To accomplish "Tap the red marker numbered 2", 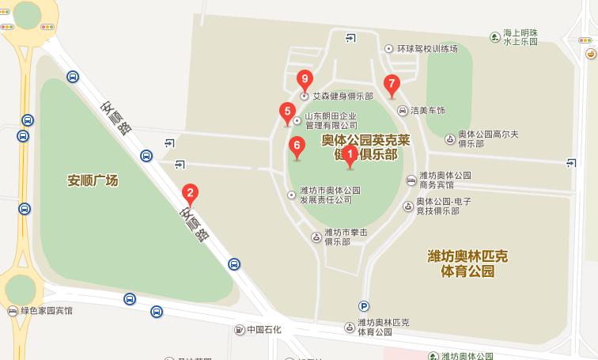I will pos(190,192).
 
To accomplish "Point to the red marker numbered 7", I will pos(391,84).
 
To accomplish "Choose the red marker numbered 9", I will pos(305,79).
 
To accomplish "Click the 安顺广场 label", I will pos(93,180).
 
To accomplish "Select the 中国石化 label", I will pos(265,329).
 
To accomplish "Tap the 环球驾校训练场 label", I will pos(427,48).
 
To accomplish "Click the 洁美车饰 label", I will pos(428,110).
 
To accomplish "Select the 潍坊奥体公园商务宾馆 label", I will pos(445,180).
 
